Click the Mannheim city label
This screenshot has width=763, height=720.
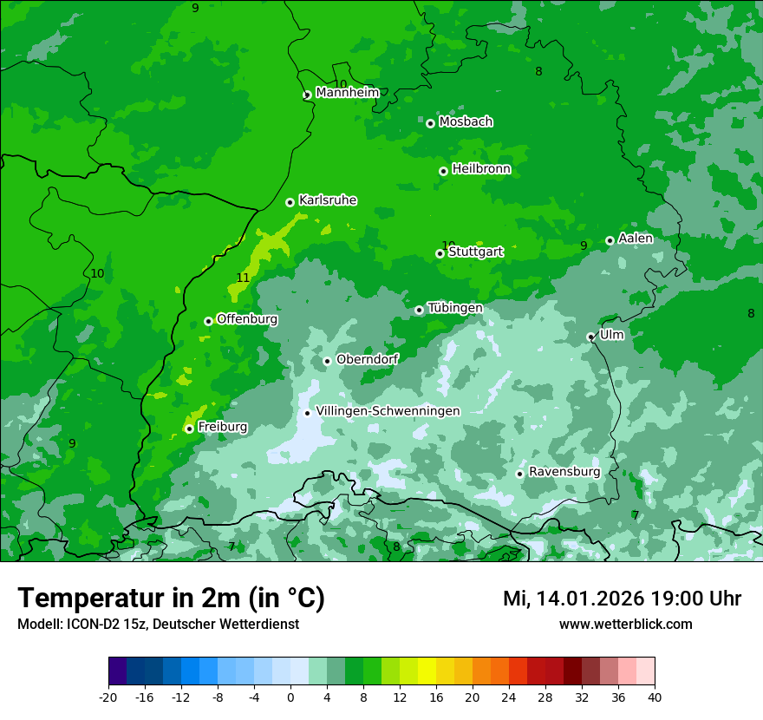coord(347,93)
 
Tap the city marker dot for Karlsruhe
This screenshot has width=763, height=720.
coord(290,202)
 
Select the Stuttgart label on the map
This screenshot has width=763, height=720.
coord(475,252)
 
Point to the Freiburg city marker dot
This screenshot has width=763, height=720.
coord(189,429)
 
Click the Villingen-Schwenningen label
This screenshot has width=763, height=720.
coord(388,411)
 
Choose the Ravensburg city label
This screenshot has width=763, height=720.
coord(564,472)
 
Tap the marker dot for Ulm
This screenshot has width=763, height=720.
coord(591,337)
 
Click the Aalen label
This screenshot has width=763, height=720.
coord(636,239)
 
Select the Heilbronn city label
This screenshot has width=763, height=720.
coord(481,169)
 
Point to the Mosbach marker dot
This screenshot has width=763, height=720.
coord(430,123)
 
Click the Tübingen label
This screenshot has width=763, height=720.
coord(455,308)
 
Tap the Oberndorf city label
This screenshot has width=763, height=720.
coord(367,359)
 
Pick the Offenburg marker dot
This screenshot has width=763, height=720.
coord(208,321)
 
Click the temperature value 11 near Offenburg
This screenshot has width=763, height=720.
coord(243,278)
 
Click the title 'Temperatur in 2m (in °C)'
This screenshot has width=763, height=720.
coord(171,599)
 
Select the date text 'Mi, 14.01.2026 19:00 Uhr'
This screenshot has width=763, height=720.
coord(622,599)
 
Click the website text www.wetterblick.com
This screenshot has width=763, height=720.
coord(625,625)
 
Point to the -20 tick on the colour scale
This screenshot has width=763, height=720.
coord(108,697)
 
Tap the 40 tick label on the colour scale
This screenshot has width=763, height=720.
coord(654,697)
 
